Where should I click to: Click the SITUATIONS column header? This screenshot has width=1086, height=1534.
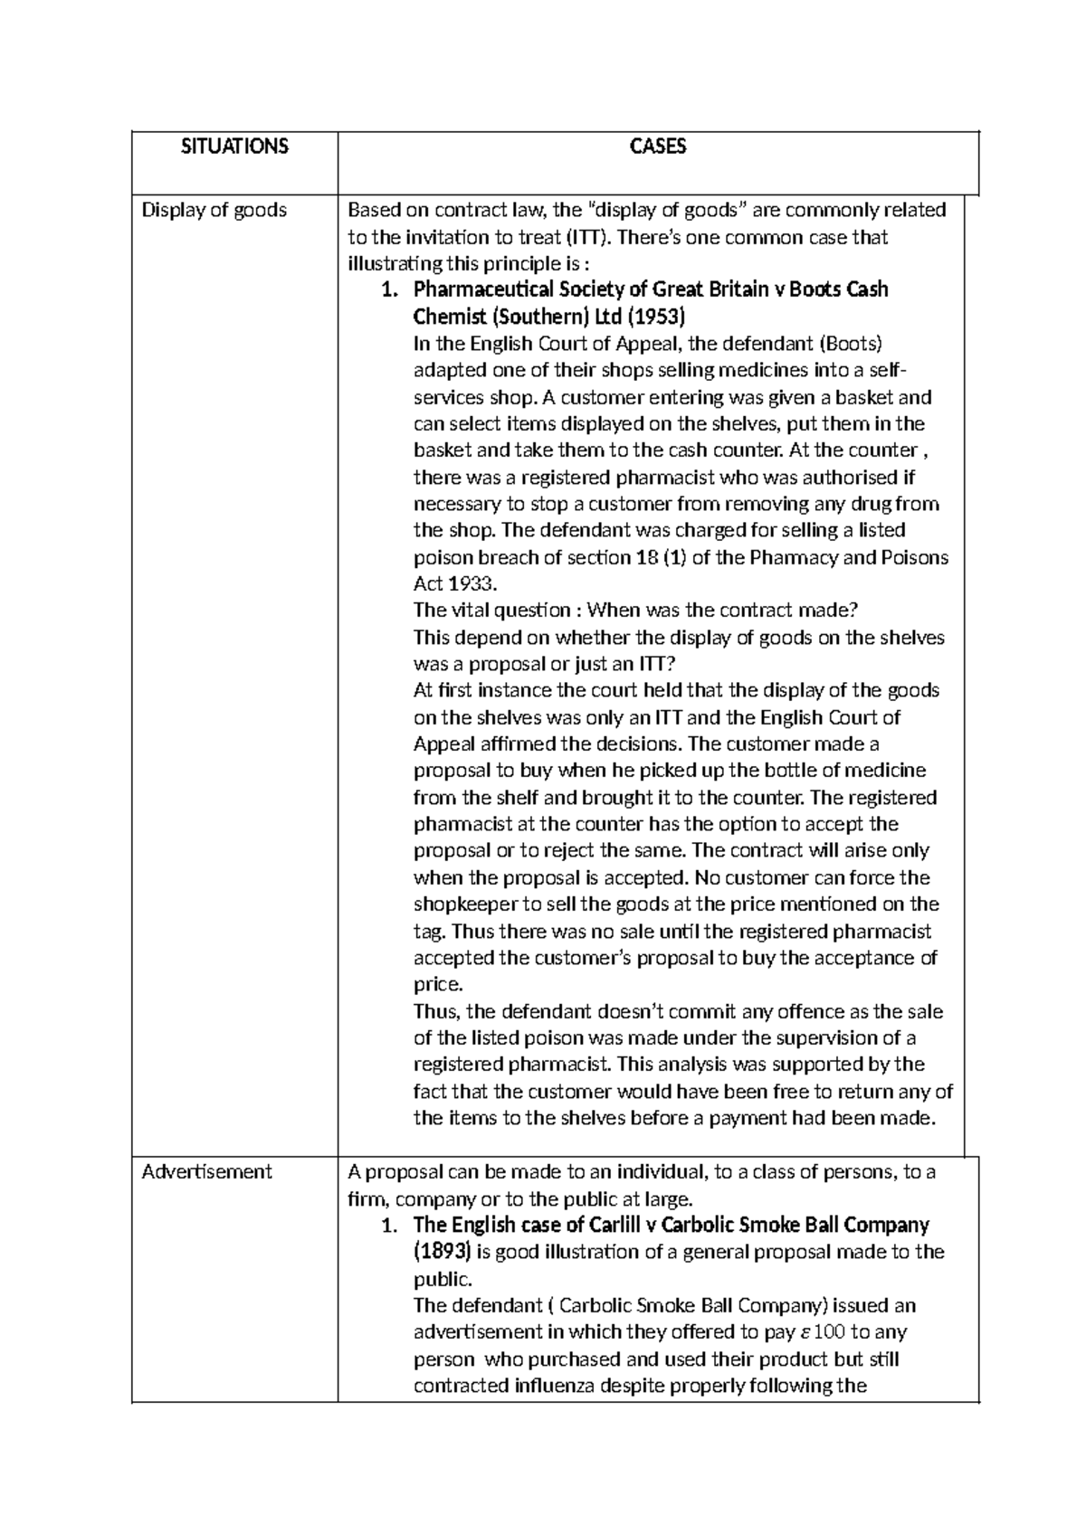[x=234, y=147]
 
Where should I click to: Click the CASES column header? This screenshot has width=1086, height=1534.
[x=658, y=147]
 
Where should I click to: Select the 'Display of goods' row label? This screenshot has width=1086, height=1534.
[x=214, y=210]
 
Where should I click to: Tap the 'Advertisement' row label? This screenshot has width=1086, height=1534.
[x=207, y=1171]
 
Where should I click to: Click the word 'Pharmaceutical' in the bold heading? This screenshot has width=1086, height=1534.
[x=480, y=290]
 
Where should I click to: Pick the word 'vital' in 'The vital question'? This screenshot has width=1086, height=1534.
[x=466, y=611]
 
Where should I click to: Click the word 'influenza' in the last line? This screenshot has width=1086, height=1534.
[x=558, y=1386]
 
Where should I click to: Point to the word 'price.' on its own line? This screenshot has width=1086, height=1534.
[x=438, y=984]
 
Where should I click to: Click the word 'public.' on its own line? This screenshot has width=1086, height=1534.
[x=443, y=1279]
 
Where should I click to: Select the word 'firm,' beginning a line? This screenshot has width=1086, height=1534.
[x=368, y=1199]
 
